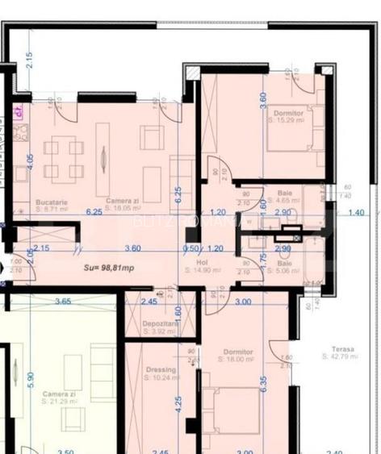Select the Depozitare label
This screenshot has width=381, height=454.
tap(159, 323)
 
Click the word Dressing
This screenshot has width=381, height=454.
tap(161, 370)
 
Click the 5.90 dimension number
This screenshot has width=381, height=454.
tap(30, 376)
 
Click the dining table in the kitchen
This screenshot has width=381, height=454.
tap(65, 159)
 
